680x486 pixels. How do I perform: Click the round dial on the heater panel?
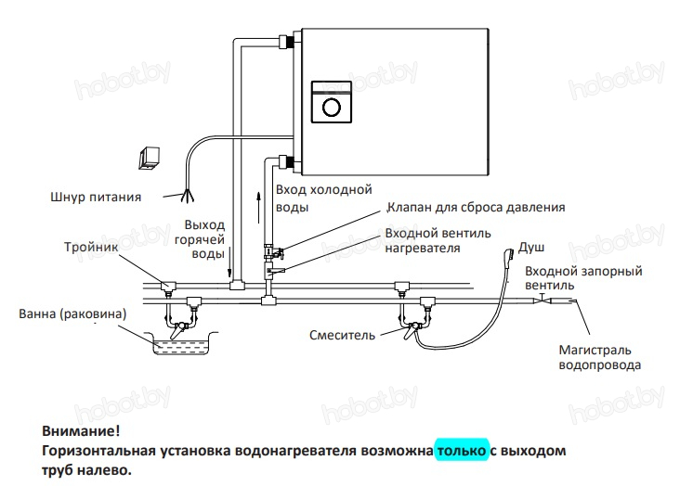pos(332,107)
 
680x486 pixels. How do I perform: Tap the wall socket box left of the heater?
pos(150,158)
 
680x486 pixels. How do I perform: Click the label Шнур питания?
pos(96,197)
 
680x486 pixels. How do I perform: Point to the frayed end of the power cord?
pos(187,197)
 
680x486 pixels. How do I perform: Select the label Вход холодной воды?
pos(324,198)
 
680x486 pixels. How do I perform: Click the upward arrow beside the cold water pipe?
pos(258,208)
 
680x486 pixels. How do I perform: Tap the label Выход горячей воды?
pos(200,239)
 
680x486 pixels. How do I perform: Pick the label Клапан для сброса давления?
pos(476,208)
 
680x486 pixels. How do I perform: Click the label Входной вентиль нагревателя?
pos(438,240)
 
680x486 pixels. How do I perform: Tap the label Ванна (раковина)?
pos(72,313)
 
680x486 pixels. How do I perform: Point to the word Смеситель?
pos(342,335)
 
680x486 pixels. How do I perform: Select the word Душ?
pos(531,248)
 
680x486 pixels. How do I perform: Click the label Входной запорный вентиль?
pos(583,278)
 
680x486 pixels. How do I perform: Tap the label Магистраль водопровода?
pos(600,357)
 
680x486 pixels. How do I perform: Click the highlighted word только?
pos(462,451)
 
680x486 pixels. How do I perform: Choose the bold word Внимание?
pos(81,431)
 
